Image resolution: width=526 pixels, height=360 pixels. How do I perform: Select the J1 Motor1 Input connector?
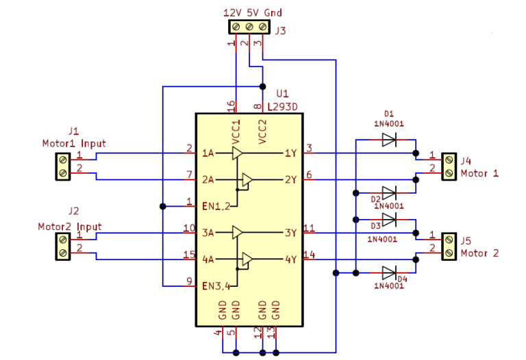(63, 166)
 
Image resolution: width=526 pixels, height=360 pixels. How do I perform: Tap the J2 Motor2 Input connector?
(63, 246)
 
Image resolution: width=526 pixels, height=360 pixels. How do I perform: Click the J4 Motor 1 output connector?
(449, 165)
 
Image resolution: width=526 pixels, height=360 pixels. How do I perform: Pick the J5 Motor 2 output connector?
(449, 246)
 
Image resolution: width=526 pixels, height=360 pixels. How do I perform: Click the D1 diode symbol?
(389, 140)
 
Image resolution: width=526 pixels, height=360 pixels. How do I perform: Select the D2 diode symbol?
(389, 192)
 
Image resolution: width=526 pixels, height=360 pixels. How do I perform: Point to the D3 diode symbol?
(389, 220)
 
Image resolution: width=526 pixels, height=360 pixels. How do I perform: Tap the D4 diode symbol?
(389, 272)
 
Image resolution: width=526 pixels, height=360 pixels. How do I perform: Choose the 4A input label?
(208, 259)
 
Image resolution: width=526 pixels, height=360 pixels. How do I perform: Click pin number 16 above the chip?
(231, 105)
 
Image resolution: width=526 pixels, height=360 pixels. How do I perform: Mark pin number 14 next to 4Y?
(310, 255)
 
